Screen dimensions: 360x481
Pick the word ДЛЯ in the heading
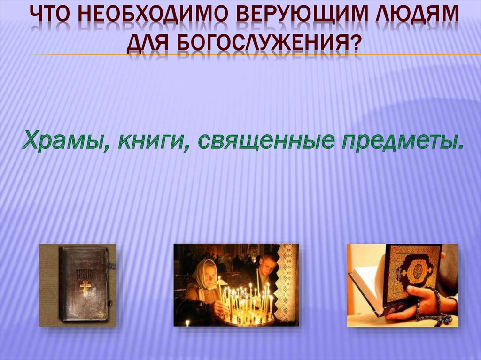(146, 46)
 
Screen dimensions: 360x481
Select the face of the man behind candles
(268, 266)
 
